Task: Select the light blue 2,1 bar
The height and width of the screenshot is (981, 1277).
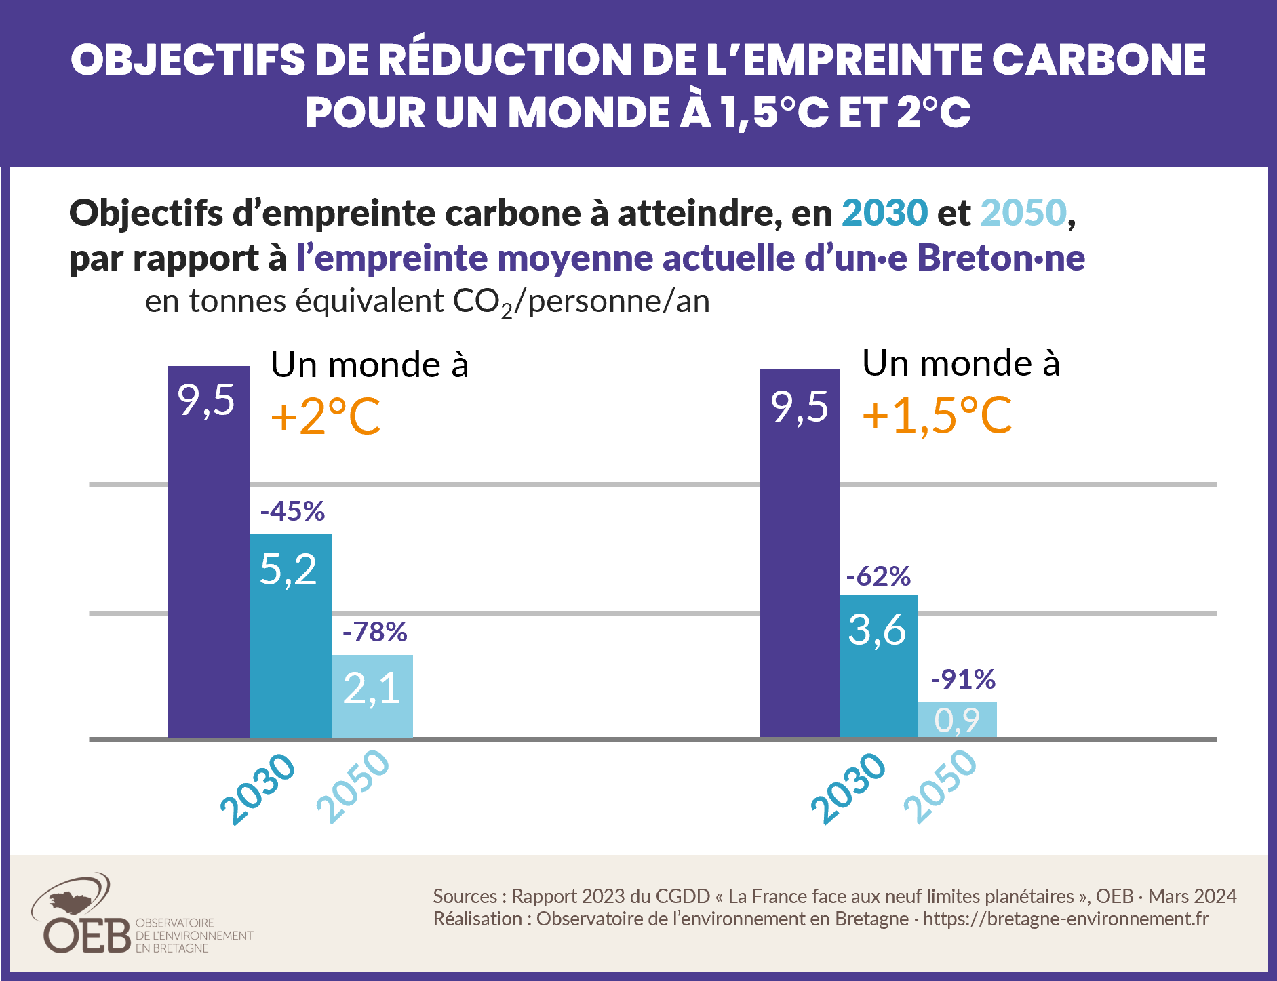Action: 372,696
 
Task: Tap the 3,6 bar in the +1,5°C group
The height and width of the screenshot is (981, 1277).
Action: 878,666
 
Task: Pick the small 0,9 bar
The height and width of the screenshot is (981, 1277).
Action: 957,719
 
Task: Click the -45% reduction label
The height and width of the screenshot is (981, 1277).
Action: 292,511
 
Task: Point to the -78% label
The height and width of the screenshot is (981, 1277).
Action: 374,632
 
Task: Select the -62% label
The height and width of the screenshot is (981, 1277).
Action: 878,576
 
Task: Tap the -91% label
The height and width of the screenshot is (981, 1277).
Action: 962,679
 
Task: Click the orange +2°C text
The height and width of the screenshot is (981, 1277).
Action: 325,416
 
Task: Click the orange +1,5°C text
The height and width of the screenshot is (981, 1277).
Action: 937,414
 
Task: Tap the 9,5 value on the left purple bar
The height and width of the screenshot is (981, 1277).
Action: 206,400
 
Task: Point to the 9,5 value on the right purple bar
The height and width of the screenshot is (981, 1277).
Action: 800,407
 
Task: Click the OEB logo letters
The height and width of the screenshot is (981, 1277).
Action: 87,936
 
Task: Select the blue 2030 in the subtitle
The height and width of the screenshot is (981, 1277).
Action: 884,212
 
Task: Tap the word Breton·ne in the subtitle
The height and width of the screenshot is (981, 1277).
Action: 1001,258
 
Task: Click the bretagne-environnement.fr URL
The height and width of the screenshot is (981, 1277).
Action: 1065,919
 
